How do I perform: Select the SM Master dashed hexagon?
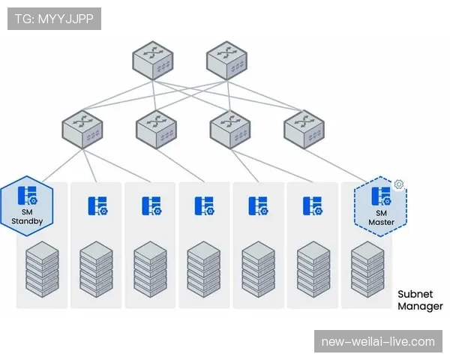(381, 206)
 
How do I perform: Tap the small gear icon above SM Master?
(399, 184)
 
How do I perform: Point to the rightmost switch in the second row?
(304, 128)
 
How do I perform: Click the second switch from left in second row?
(155, 128)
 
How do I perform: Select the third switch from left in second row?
(229, 128)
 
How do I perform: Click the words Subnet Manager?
(420, 300)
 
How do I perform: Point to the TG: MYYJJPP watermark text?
(54, 19)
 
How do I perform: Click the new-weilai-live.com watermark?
(377, 341)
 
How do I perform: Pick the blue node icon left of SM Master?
(313, 205)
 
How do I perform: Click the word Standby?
(28, 220)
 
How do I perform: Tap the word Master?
(381, 223)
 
